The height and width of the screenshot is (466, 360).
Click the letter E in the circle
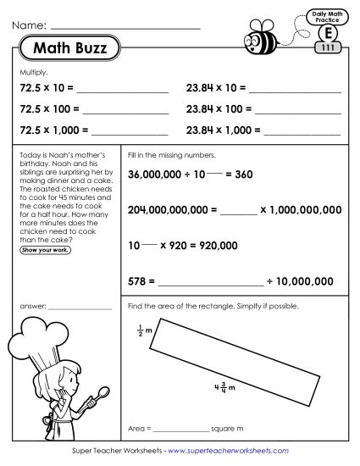(327, 33)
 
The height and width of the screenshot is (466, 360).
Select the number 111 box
(329, 47)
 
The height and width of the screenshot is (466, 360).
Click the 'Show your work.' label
(46, 250)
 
